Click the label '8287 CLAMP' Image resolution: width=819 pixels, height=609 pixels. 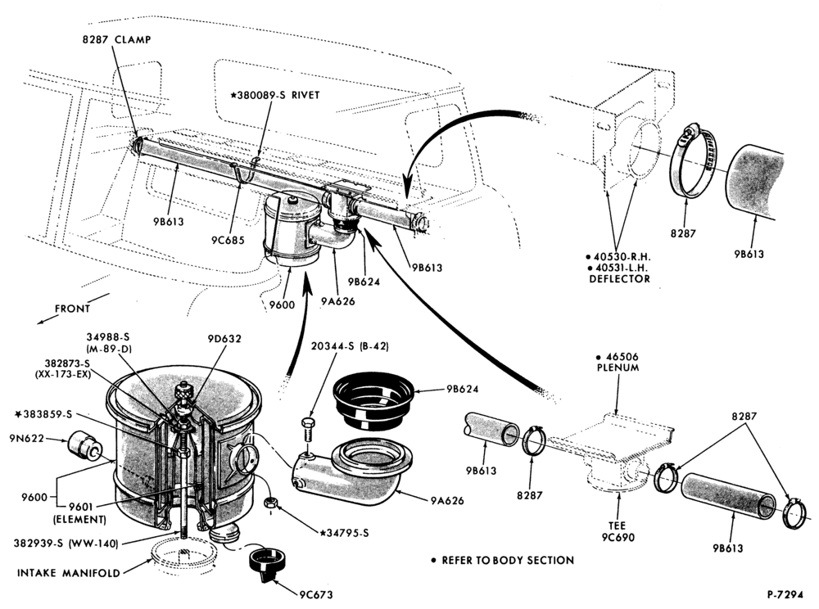tap(116, 39)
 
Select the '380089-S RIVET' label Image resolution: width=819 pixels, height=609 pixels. tap(275, 95)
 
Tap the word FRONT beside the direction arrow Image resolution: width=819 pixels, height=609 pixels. tap(73, 309)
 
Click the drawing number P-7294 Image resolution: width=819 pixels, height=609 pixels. tap(785, 594)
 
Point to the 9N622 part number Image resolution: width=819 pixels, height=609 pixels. tap(26, 439)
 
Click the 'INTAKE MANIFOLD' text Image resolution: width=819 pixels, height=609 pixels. tap(69, 572)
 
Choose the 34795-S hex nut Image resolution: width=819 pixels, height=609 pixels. tap(270, 503)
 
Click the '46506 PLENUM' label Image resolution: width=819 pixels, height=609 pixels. tap(618, 362)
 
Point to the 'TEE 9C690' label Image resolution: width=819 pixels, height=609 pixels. tap(618, 531)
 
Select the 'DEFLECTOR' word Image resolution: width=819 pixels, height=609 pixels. tap(619, 278)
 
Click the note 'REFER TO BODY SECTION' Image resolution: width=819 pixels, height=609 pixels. tap(508, 560)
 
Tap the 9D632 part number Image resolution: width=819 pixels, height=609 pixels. tap(224, 339)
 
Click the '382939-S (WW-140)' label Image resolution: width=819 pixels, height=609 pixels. tap(66, 544)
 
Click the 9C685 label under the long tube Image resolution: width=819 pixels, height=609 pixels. tap(229, 240)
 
